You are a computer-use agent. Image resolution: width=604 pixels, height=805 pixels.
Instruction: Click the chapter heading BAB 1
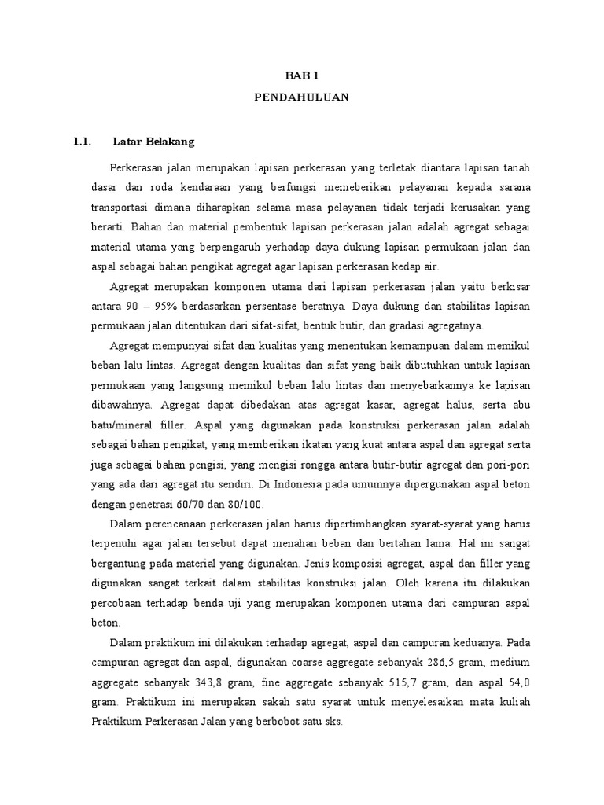301,75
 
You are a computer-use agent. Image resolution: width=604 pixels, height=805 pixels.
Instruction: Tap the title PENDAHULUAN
301,98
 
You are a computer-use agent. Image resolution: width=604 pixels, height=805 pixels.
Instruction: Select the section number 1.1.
83,142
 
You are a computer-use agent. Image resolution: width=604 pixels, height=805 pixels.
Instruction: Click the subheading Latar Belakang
153,142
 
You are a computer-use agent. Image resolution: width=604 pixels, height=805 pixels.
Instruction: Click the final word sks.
334,723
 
